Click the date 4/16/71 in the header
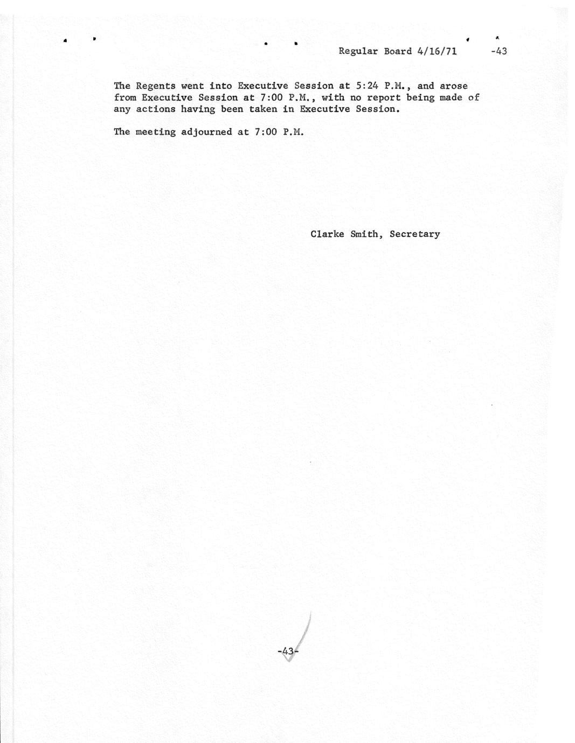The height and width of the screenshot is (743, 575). pos(437,52)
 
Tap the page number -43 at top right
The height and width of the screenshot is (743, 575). pos(499,52)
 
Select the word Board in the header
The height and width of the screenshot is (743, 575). pos(398,52)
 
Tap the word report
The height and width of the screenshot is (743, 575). pos(384,97)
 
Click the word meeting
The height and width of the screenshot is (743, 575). pos(156,132)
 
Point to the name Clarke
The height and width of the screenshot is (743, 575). pos(327,234)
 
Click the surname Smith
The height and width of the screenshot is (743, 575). pos(366,234)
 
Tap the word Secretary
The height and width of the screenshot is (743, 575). pos(415,234)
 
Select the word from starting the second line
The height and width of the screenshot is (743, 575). pos(124,98)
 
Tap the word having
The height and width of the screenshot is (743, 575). pos(198,109)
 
